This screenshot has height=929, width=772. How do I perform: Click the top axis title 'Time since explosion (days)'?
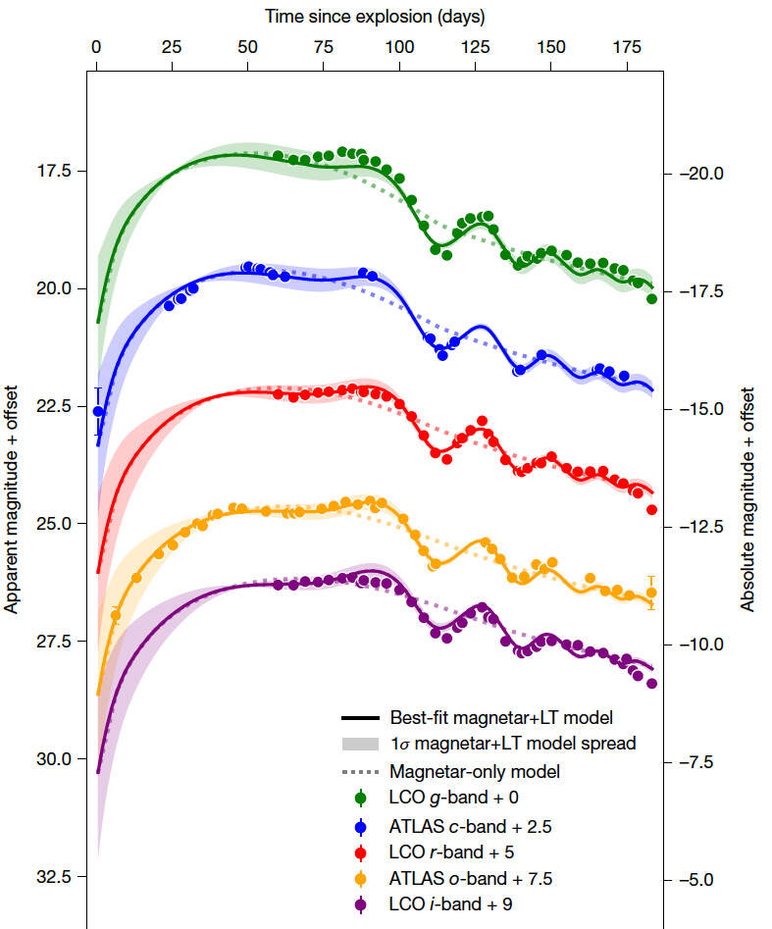pyautogui.click(x=375, y=17)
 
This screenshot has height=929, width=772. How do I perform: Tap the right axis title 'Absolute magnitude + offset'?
pyautogui.click(x=747, y=498)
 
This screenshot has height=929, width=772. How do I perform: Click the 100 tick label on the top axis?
pyautogui.click(x=399, y=46)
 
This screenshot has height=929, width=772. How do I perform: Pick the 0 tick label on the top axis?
pyautogui.click(x=96, y=46)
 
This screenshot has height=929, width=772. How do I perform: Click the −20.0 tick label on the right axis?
pyautogui.click(x=700, y=174)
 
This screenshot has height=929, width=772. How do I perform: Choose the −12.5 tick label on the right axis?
pyautogui.click(x=700, y=527)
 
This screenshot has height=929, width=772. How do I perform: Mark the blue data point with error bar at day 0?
pyautogui.click(x=97, y=411)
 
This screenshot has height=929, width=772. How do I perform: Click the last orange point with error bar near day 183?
pyautogui.click(x=650, y=593)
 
